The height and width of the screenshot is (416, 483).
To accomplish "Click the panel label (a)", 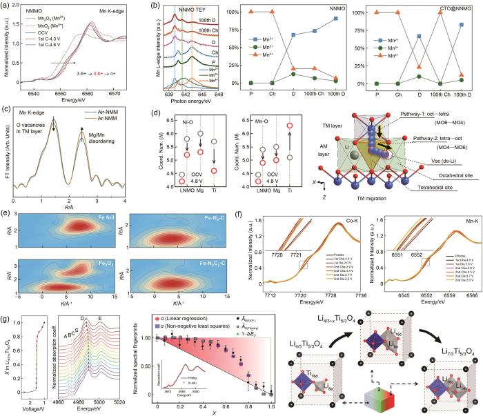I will pos(8,6).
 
